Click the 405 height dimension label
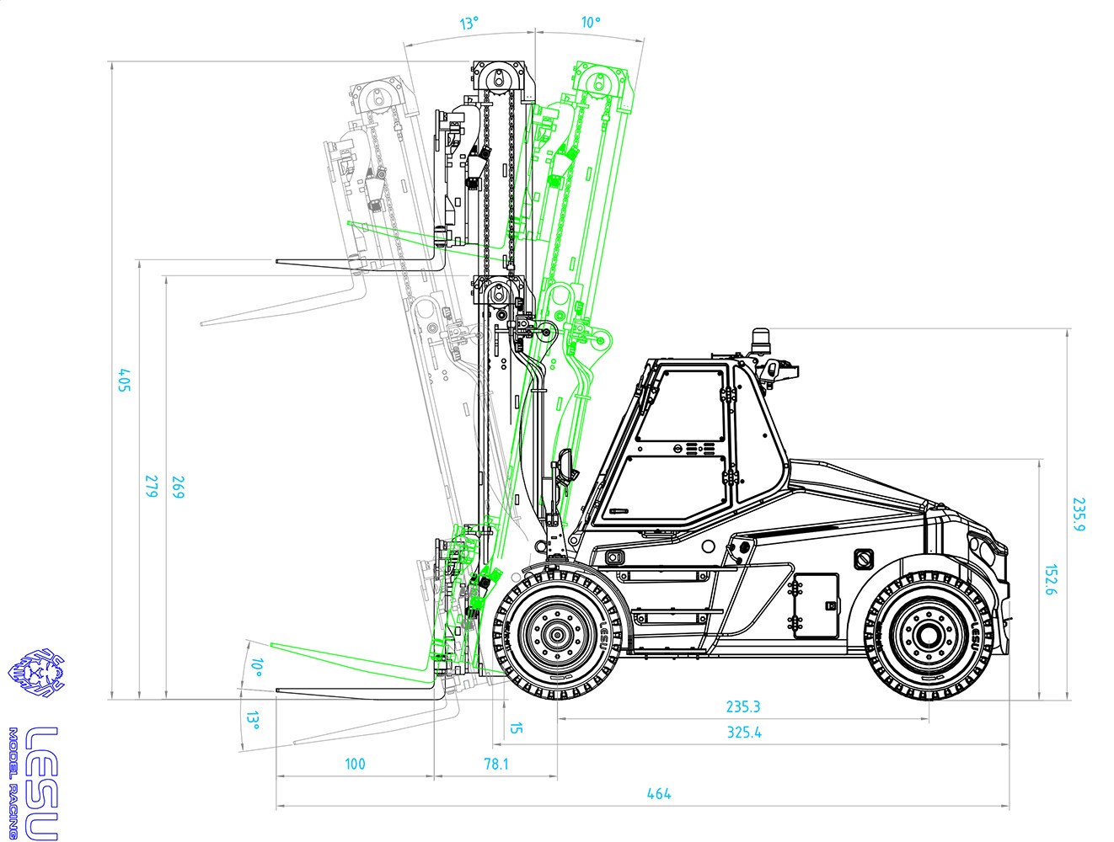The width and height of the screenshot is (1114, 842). click(x=125, y=381)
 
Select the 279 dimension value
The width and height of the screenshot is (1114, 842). click(x=151, y=487)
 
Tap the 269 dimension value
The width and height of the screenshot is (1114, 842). click(x=178, y=488)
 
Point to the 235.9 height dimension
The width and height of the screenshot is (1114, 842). click(x=1079, y=514)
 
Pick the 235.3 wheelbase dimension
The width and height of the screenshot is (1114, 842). click(x=743, y=706)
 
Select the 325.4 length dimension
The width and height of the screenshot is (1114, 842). click(x=744, y=733)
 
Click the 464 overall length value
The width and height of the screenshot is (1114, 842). click(x=659, y=794)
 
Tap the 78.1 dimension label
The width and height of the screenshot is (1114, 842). click(x=495, y=764)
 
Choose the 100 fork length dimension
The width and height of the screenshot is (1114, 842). click(x=355, y=764)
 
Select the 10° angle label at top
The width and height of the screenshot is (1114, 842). click(x=591, y=22)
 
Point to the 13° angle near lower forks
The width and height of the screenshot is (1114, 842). click(x=254, y=721)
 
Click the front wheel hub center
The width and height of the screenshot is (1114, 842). click(x=557, y=635)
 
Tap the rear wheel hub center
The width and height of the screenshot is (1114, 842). click(x=929, y=635)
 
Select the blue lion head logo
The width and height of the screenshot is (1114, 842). click(x=36, y=673)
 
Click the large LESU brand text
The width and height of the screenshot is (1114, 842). click(x=41, y=782)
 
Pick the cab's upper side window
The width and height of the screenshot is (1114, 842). click(x=680, y=406)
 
